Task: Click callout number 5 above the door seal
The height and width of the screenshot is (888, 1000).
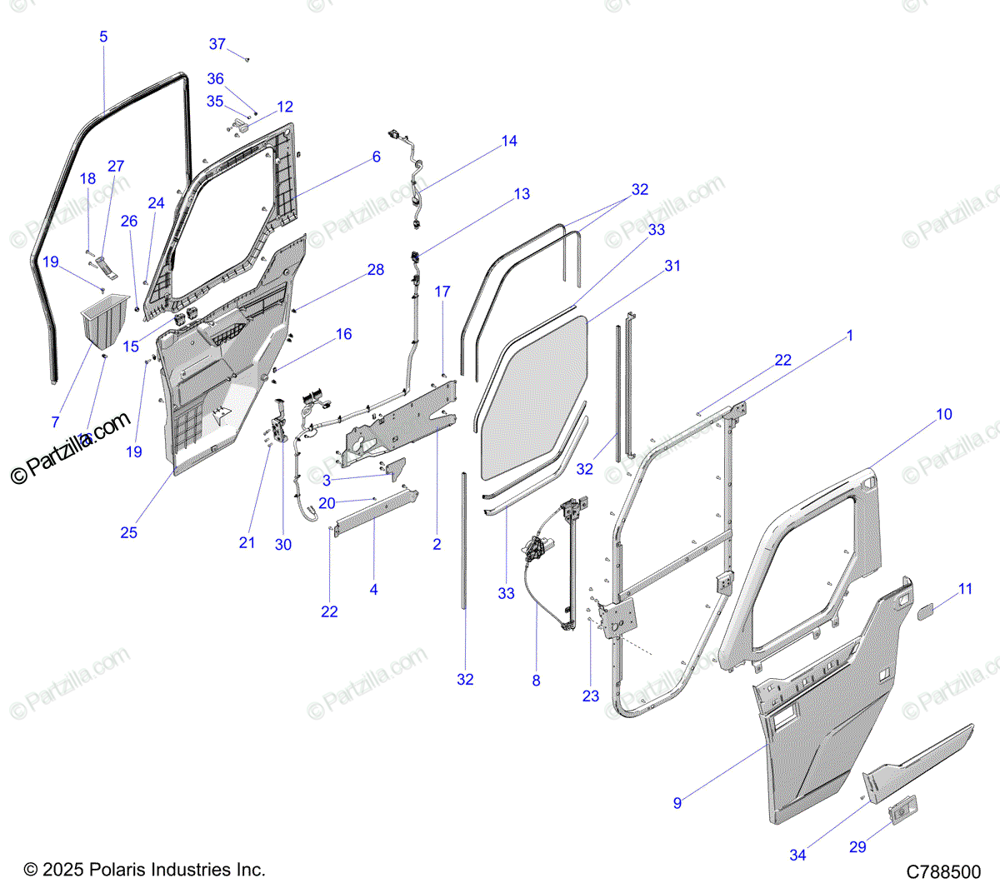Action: click(103, 37)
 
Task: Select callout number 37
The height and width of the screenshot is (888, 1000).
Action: click(217, 44)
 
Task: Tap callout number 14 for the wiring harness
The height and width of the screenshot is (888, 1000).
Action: click(509, 141)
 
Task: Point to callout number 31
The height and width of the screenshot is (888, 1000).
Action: click(672, 266)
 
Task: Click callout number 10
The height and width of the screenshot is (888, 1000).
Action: click(944, 414)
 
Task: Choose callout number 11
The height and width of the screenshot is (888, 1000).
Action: click(966, 589)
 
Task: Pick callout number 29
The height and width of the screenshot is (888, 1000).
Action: click(858, 846)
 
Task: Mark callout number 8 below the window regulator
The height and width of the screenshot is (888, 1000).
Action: click(536, 681)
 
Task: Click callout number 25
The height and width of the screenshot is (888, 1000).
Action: click(128, 532)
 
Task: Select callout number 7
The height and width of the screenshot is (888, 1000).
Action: click(56, 422)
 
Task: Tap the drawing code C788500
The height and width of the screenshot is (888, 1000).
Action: click(944, 872)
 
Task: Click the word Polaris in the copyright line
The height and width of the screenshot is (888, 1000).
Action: click(117, 870)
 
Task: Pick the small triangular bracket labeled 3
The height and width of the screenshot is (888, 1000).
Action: click(395, 470)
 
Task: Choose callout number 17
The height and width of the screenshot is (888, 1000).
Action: click(442, 292)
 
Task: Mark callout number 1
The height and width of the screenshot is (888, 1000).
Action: click(850, 335)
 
